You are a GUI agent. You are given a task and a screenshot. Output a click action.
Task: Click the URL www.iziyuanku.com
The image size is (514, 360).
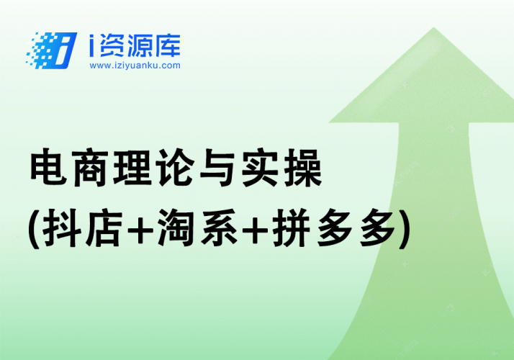135,66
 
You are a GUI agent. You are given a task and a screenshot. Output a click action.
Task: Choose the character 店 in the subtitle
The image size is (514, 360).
100,230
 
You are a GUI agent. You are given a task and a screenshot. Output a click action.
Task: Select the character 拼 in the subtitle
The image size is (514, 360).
295,230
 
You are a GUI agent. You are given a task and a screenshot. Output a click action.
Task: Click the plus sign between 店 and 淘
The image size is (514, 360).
139,231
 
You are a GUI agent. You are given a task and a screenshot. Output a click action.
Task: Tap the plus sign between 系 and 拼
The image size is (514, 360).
257,231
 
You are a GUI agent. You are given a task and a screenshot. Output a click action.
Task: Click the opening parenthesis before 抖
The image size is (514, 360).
32,230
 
